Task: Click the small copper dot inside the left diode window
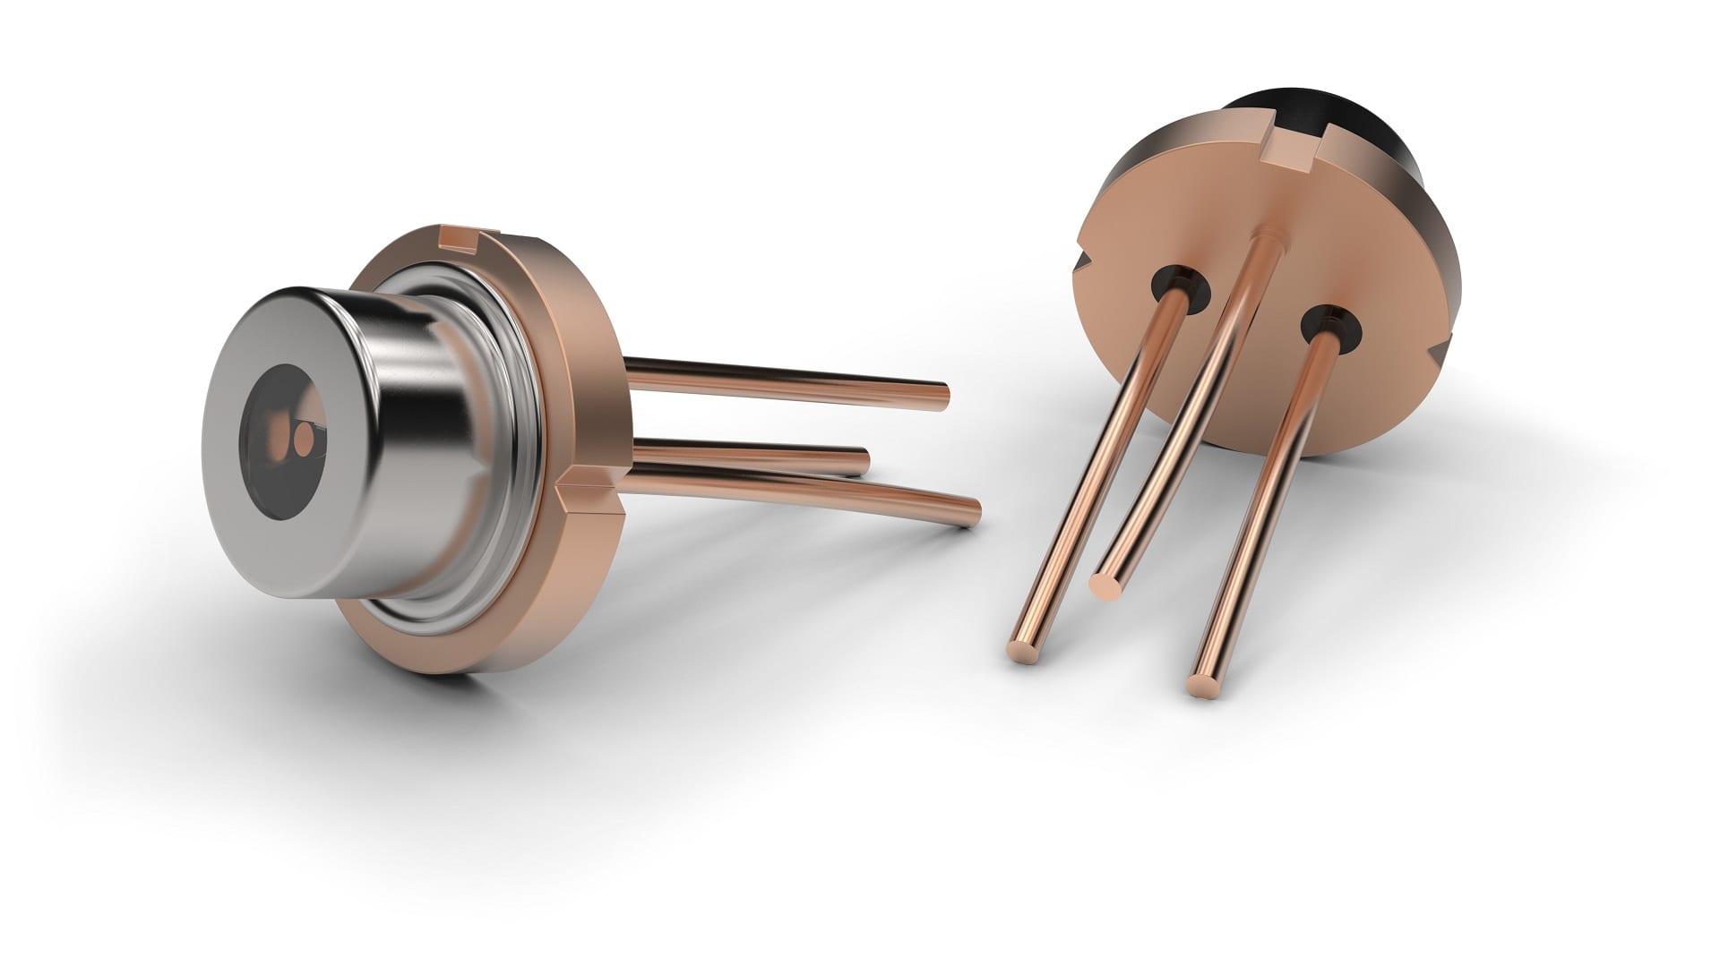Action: [305, 439]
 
